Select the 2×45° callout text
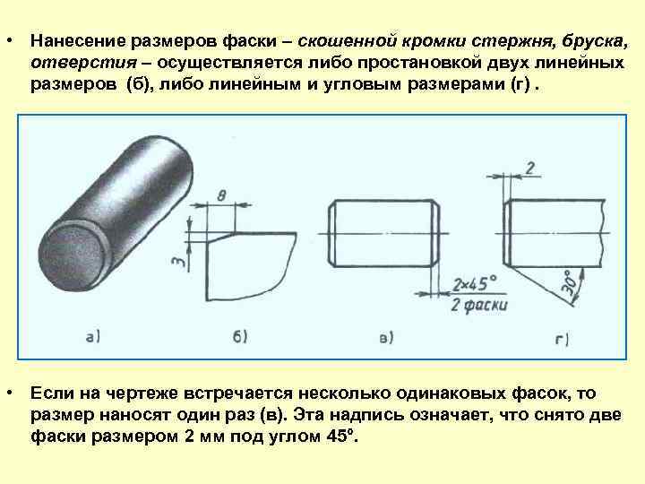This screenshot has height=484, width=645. (x=475, y=284)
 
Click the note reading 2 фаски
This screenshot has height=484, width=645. (x=478, y=305)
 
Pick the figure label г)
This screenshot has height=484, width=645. (x=563, y=339)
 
